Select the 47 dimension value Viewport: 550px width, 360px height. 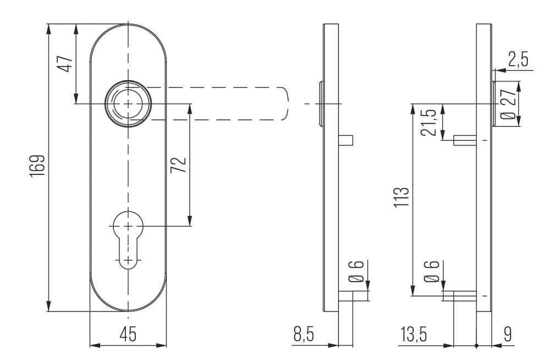[x=66, y=63]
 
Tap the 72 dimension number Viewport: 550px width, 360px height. [x=180, y=165]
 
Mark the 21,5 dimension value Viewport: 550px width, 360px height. [x=432, y=122]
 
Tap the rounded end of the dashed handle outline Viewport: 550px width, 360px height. [x=284, y=103]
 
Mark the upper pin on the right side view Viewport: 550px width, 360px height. [x=465, y=140]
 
